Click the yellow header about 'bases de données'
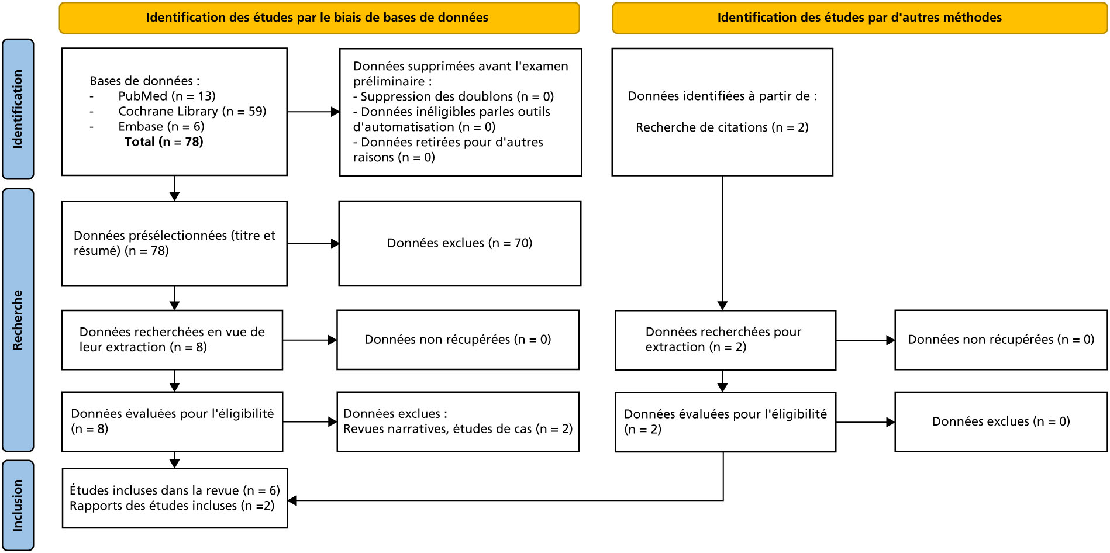pos(319,18)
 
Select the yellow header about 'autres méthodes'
pos(860,18)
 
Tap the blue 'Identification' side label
pos(18,109)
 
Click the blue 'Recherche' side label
pos(18,320)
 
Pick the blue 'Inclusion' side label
pos(18,505)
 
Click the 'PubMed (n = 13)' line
pos(167,96)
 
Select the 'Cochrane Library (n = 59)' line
pos(192,111)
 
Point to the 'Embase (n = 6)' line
pos(161,126)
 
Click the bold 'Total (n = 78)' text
pos(164,141)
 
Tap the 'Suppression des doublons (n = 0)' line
pos(453,96)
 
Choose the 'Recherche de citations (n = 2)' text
pos(722,127)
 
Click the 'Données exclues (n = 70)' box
pos(460,244)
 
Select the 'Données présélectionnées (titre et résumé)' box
pos(174,244)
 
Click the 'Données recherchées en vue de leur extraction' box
pos(172,340)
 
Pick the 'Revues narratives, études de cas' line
pos(458,429)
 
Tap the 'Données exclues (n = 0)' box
pos(1001,421)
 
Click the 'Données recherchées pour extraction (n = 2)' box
pos(725,340)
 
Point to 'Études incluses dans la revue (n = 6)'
pos(175,490)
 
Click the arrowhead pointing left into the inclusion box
pos(292,500)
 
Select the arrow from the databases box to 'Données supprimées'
pos(313,112)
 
